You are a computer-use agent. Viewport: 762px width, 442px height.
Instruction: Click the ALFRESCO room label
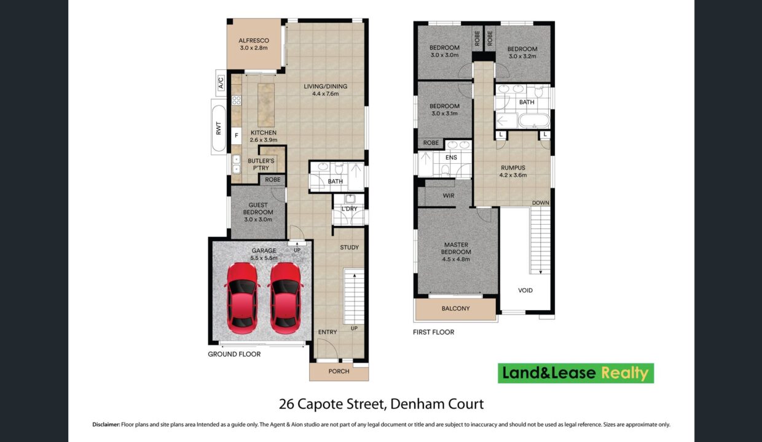(x=253, y=41)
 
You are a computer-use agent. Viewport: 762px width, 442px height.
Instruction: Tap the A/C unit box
(x=221, y=82)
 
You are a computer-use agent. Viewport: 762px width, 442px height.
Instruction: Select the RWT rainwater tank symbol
(x=219, y=128)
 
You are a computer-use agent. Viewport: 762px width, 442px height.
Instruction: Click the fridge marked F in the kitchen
(x=237, y=136)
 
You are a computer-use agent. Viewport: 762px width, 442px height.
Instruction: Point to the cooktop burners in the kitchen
(x=237, y=100)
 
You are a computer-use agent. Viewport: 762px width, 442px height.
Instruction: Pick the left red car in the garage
(x=242, y=298)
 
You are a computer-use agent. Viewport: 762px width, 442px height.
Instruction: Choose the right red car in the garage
(x=285, y=298)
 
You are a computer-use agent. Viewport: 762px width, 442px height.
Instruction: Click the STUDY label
(x=350, y=247)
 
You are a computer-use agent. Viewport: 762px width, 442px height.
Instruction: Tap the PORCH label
(x=339, y=371)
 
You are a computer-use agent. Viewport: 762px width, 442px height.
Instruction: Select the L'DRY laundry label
(x=350, y=209)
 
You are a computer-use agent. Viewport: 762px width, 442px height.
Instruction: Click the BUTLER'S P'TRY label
(x=261, y=165)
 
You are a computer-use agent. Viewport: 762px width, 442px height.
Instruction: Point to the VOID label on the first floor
(x=525, y=290)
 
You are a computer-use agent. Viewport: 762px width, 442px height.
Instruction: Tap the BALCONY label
(x=455, y=309)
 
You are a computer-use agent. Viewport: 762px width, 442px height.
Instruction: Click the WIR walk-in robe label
(x=449, y=196)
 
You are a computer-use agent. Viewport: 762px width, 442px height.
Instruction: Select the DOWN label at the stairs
(x=541, y=203)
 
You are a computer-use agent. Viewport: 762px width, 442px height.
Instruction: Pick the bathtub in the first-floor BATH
(x=534, y=120)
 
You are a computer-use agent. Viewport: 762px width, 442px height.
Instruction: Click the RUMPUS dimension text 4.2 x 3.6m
(x=513, y=176)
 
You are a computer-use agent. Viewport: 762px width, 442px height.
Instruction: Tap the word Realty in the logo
(x=625, y=373)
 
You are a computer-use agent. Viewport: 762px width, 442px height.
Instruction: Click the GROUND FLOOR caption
(x=234, y=354)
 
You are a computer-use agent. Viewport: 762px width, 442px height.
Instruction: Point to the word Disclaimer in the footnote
(x=106, y=424)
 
